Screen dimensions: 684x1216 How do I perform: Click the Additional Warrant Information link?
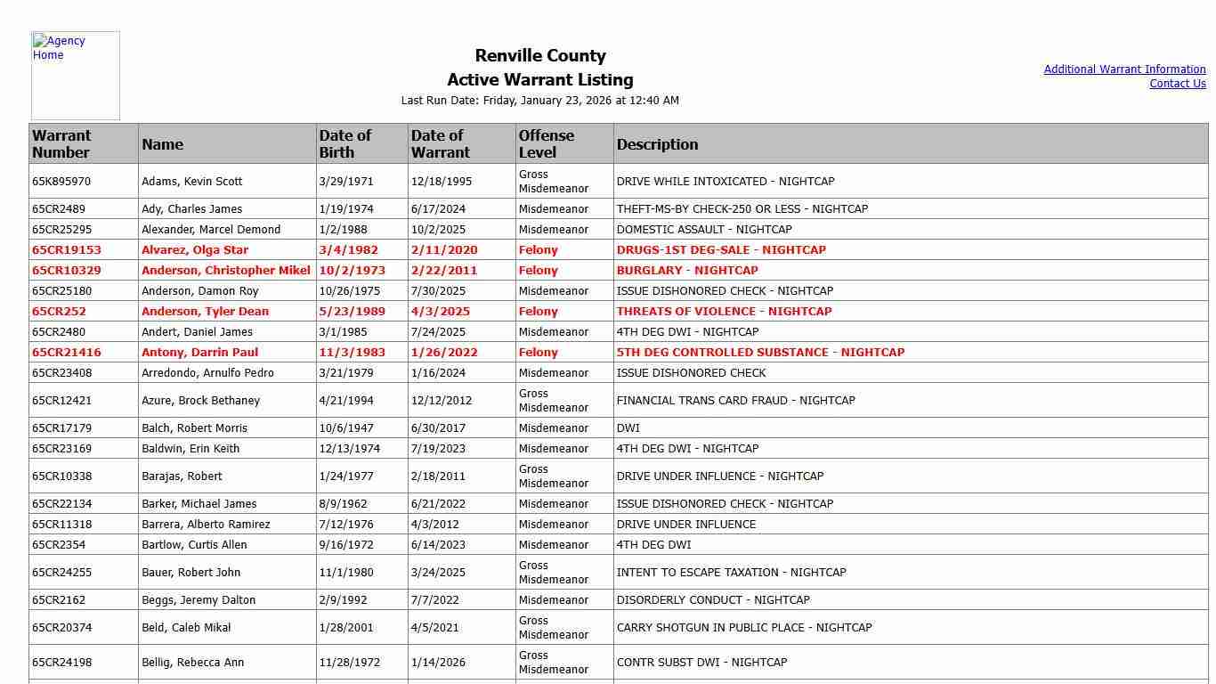coord(1124,69)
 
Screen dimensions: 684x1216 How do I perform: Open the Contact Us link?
coord(1177,84)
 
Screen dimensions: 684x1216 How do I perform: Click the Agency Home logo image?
coord(75,76)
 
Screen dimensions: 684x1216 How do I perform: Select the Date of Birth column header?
coord(345,144)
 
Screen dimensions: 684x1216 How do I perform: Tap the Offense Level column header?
coord(547,144)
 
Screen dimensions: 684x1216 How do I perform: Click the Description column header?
coord(657,144)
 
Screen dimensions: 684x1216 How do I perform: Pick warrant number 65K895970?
coord(61,182)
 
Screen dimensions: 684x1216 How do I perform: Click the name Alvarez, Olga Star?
coord(195,250)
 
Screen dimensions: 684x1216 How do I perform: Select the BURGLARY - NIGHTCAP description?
coord(687,271)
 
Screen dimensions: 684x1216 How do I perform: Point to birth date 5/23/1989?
coord(349,312)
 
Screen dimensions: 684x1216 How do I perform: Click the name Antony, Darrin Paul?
coord(199,353)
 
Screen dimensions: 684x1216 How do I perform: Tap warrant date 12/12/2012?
coord(442,401)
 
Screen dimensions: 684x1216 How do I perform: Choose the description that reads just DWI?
coord(628,428)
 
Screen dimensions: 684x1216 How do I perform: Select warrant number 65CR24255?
coord(61,573)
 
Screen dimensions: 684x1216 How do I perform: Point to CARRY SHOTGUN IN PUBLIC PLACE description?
coord(744,628)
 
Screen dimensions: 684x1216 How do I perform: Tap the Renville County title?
coord(540,56)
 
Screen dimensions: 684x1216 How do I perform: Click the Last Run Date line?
coord(540,101)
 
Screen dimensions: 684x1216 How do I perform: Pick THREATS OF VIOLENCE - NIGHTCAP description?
coord(724,312)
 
